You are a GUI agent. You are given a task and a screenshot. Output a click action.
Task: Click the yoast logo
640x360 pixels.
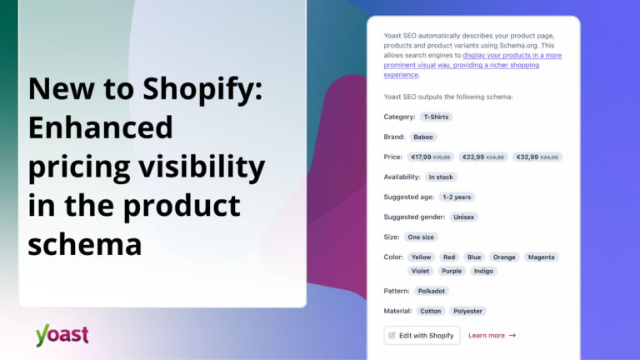(62, 334)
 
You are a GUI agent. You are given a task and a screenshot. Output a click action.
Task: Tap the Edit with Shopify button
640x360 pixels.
(422, 335)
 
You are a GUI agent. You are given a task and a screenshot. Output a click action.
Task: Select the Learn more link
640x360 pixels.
(492, 335)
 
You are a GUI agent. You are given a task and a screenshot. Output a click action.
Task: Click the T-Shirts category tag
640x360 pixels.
(436, 117)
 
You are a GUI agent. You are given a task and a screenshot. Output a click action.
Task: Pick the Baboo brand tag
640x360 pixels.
(423, 137)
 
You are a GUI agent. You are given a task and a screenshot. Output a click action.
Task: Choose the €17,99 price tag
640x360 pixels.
(430, 157)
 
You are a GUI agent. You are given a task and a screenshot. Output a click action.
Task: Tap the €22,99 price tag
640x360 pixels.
(483, 157)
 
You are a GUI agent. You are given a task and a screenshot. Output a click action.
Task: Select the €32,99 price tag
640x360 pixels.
(537, 157)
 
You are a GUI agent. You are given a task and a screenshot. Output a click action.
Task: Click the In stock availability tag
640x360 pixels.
(441, 177)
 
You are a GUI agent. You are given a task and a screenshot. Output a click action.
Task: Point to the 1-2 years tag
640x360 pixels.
(457, 197)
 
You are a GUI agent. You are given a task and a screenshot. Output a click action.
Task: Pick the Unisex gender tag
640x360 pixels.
(464, 217)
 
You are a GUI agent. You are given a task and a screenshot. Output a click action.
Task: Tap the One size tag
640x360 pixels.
(422, 237)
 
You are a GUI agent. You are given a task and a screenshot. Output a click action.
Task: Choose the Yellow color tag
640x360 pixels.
(421, 257)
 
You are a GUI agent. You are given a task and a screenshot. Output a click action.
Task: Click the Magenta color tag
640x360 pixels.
(542, 257)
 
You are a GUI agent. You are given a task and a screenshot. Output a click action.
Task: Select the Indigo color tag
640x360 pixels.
(482, 271)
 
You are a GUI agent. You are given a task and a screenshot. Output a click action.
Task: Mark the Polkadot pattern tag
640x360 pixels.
(432, 291)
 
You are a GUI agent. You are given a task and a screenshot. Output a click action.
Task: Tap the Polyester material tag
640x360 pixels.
(467, 311)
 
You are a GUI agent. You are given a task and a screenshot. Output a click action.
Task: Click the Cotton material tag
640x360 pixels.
(431, 311)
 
